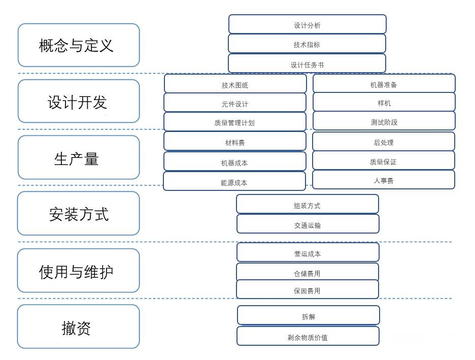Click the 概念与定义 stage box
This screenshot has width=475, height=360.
[x=79, y=45]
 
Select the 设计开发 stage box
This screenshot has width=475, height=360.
[x=79, y=102]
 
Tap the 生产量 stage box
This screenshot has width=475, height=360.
[x=79, y=158]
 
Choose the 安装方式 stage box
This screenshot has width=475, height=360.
[x=79, y=213]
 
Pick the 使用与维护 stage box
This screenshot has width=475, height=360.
[x=79, y=271]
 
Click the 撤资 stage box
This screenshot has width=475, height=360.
[x=79, y=327]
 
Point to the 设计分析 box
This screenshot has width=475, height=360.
[x=307, y=24]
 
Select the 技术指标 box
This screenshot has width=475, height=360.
[x=307, y=44]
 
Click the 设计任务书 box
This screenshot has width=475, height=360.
[x=307, y=64]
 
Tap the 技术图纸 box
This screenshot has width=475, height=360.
[x=235, y=84]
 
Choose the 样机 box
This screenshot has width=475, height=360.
[x=384, y=103]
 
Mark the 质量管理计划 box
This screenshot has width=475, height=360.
[x=235, y=122]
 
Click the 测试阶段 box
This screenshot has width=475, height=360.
[x=384, y=121]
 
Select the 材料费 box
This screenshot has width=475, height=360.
[x=235, y=142]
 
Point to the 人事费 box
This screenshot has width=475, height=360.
[x=384, y=180]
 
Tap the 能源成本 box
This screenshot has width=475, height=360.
[x=234, y=182]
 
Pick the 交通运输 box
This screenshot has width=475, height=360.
[x=308, y=224]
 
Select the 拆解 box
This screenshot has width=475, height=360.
[x=308, y=316]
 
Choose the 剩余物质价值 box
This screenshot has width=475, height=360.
[x=308, y=337]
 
